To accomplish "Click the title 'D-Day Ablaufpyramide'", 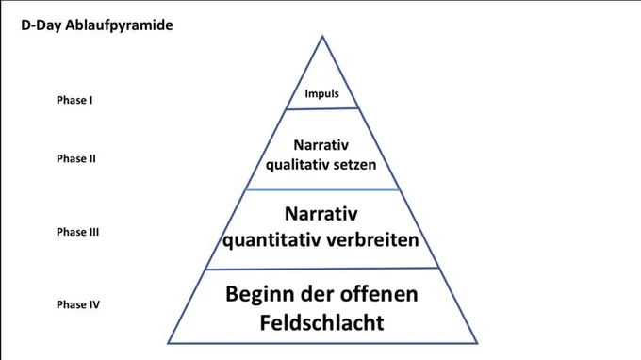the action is click(97, 25).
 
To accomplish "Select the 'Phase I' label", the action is click(74, 100).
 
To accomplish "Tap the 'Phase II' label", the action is click(76, 158).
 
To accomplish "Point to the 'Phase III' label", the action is click(77, 232).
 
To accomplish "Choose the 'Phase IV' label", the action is click(78, 304).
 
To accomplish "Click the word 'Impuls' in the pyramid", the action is click(321, 94).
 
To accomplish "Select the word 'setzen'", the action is click(354, 165).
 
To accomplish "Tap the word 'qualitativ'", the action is click(297, 165).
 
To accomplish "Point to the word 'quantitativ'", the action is click(269, 240).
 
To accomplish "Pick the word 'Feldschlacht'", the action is click(321, 323).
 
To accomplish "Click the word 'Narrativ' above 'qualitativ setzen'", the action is click(320, 145).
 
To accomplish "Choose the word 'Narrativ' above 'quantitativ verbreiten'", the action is click(320, 214).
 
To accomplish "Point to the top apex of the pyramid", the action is click(322, 36).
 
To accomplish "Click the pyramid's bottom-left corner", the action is click(168, 343).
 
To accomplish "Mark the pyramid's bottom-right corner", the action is click(477, 343).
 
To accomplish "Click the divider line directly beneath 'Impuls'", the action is click(322, 108).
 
